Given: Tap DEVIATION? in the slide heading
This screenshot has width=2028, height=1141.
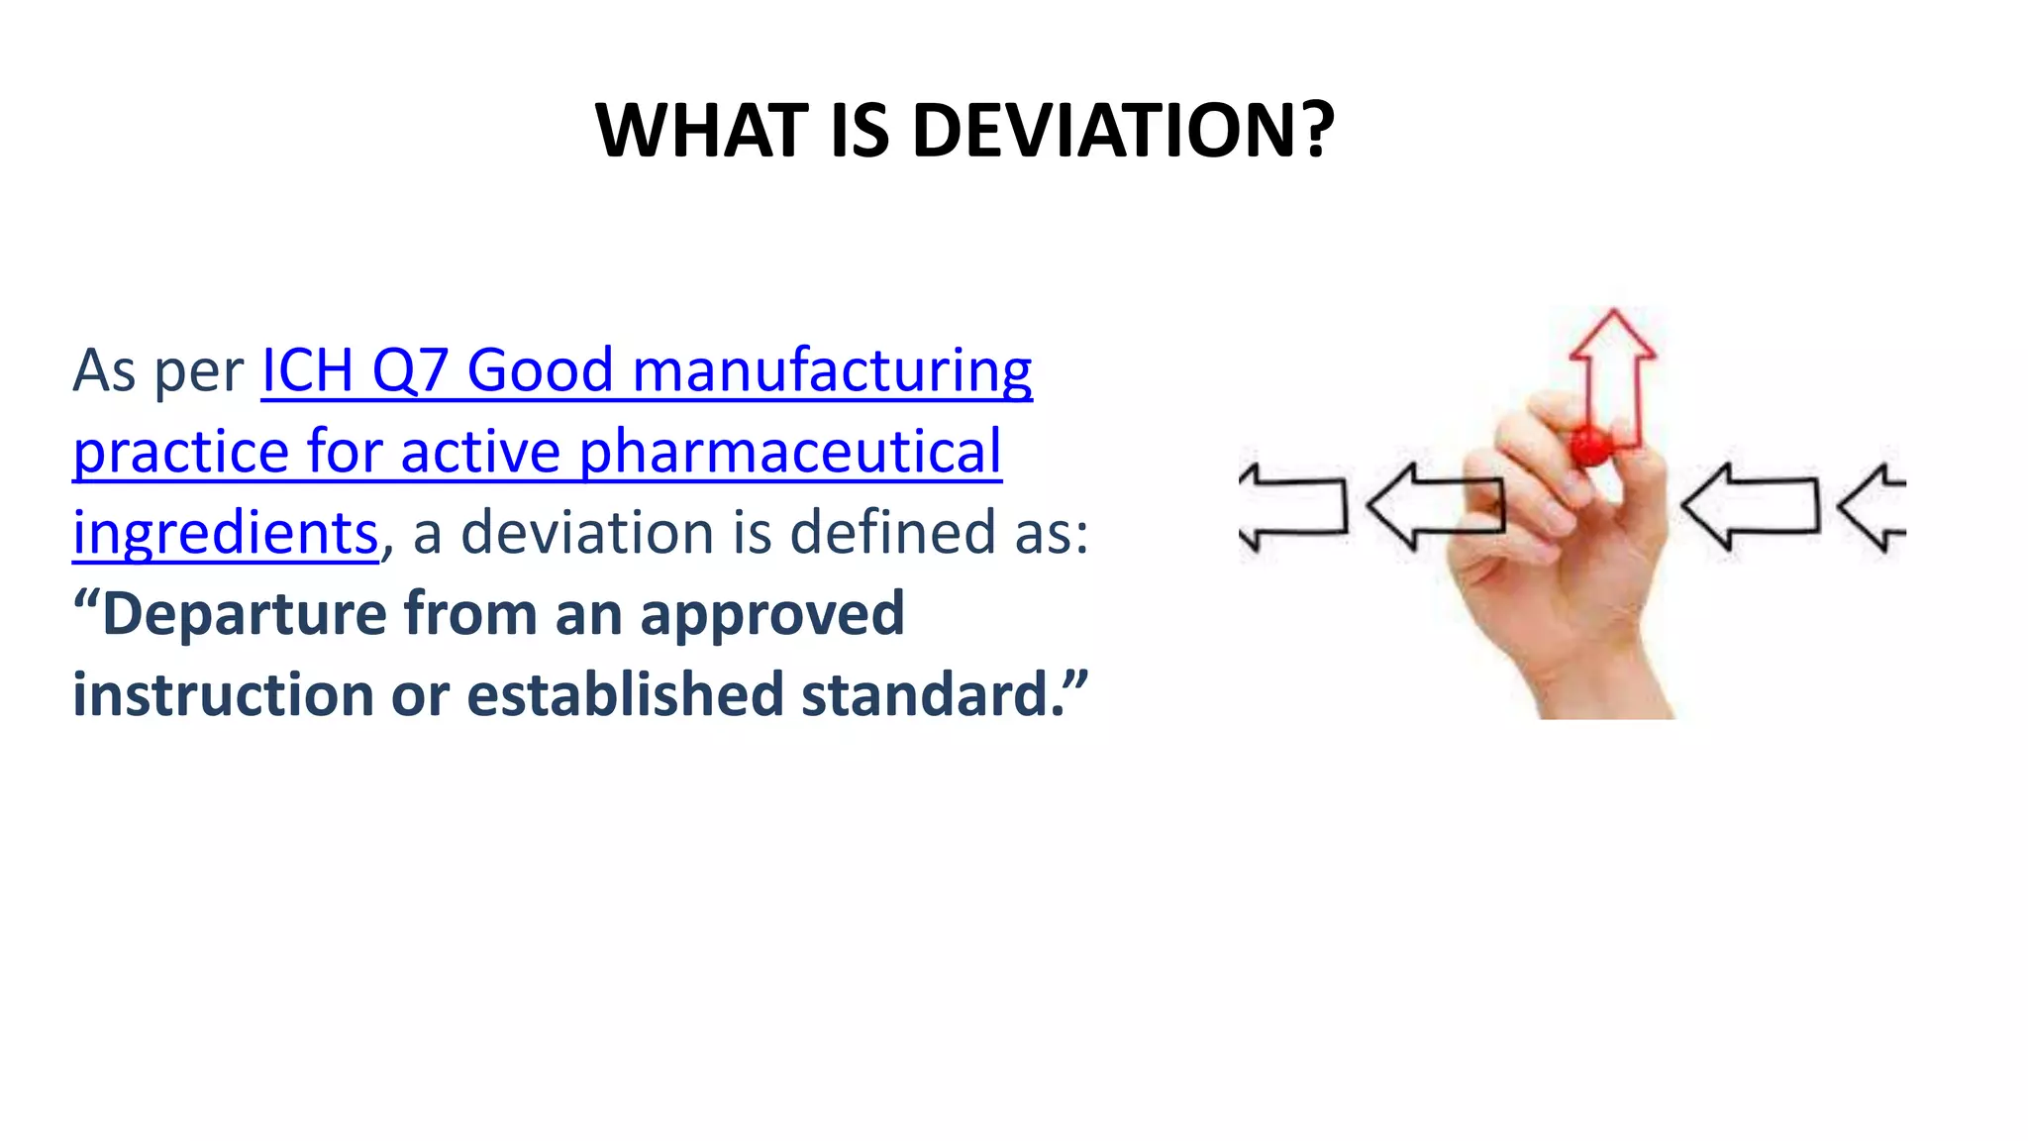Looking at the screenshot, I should (1123, 131).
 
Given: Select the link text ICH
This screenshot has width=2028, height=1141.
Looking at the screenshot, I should (307, 370).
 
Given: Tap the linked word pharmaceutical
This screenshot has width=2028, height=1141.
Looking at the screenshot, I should (790, 453).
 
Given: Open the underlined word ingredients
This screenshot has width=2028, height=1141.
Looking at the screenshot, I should (226, 535).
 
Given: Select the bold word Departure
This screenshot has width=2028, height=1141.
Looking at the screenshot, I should (244, 613).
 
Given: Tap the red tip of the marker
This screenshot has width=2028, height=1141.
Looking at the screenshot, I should (1591, 447).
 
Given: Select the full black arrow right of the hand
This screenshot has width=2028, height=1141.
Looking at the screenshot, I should (1751, 506).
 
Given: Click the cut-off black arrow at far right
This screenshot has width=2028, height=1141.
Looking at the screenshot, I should (1874, 507).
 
